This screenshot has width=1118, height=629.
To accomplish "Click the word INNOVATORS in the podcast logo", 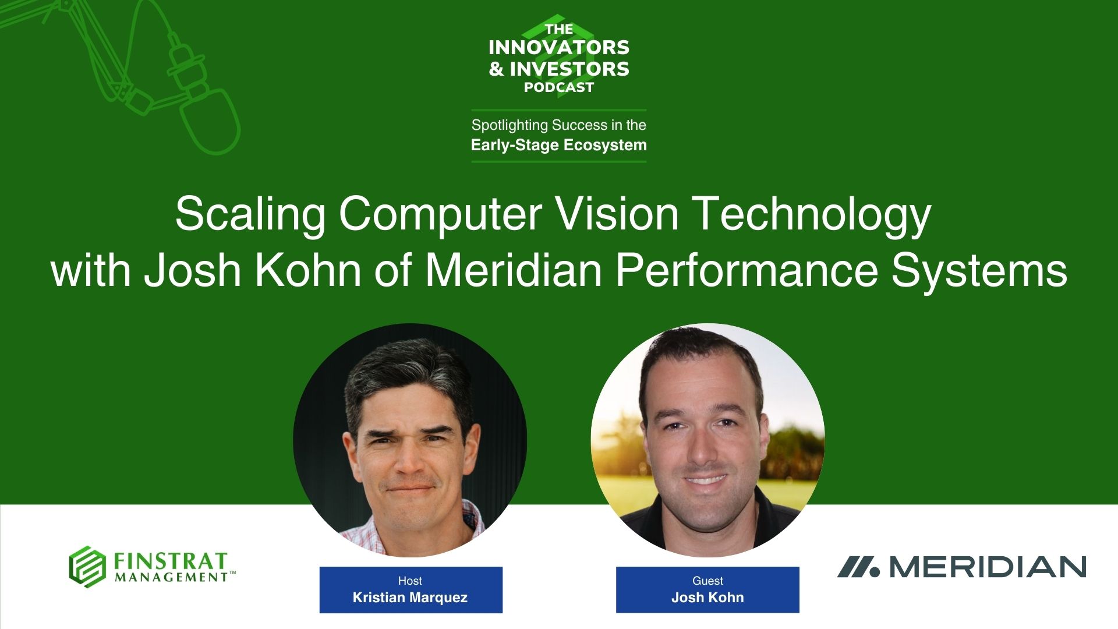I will (559, 47).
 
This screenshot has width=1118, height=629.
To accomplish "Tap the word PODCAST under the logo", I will (559, 87).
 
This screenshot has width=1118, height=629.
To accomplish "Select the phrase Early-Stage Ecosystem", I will (559, 144).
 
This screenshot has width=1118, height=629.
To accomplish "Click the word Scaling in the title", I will (251, 214).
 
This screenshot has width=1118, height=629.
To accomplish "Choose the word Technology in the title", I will (813, 214).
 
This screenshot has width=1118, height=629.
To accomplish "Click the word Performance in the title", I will (746, 270).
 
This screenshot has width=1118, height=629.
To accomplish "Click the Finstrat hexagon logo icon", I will (87, 566).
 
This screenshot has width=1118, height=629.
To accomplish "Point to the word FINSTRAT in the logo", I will (170, 561).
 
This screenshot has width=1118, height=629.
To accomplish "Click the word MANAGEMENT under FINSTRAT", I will (171, 577).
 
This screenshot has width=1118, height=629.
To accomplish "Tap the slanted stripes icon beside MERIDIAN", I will (858, 567).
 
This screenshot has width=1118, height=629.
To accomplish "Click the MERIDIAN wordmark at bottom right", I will (988, 567).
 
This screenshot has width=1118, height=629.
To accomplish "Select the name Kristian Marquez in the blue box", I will (410, 598).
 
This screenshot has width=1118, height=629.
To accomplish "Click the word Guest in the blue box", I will (707, 581).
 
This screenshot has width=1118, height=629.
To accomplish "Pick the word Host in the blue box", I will (410, 581).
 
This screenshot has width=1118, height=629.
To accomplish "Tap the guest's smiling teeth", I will (705, 480).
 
